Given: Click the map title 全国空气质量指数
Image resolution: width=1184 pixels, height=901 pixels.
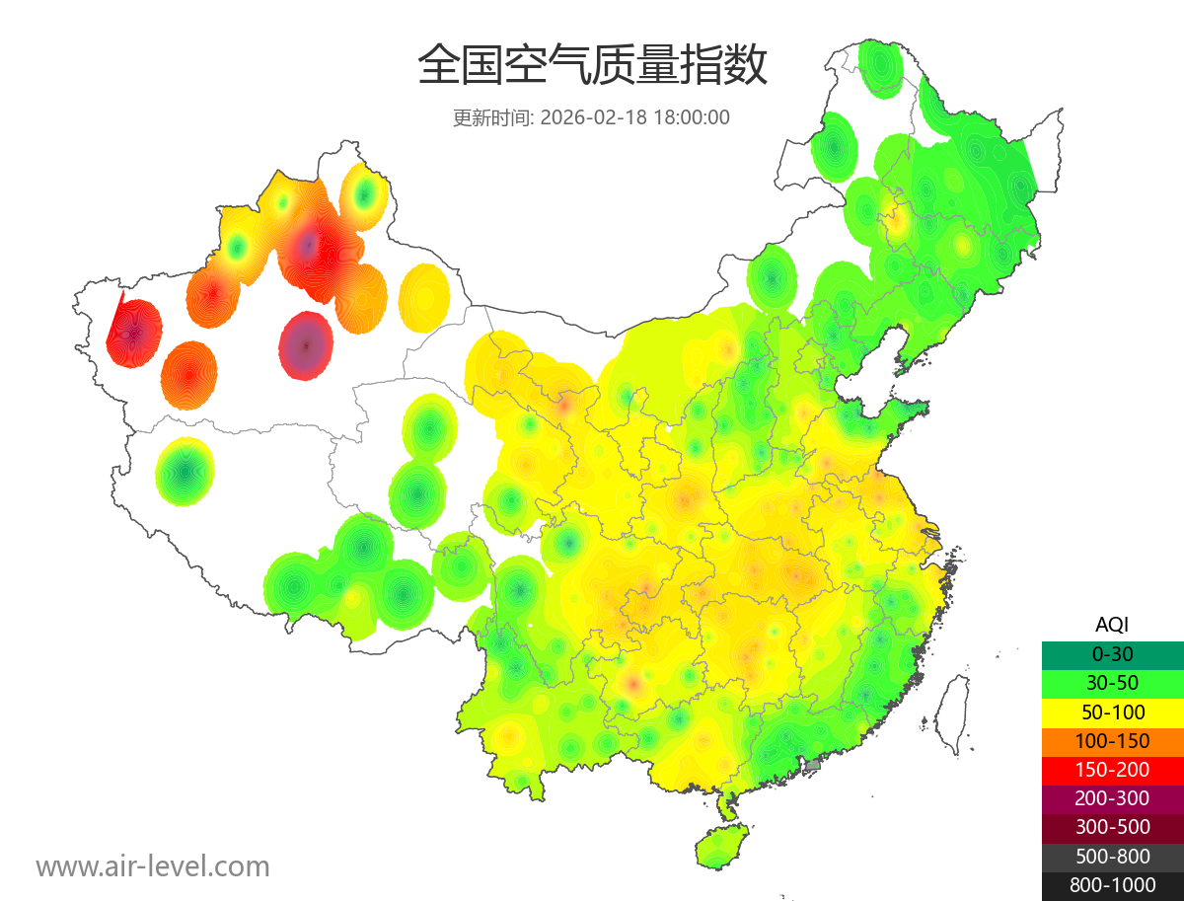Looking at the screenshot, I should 592,65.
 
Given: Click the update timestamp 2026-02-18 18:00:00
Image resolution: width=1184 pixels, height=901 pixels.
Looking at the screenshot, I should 635,117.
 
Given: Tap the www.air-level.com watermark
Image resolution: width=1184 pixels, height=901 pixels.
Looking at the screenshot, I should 153,866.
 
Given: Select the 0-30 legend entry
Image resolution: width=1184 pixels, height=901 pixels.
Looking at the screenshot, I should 1112,654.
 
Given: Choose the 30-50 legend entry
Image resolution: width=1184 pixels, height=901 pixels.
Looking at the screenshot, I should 1112,683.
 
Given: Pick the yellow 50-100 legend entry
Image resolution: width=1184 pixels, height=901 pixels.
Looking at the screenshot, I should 1112,712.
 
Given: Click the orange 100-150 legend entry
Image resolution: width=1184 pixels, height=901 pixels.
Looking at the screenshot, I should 1112,741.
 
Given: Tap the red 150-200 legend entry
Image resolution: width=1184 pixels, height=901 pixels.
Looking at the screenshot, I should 1112,770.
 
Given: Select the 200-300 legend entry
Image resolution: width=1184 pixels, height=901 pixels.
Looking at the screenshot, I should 1112,798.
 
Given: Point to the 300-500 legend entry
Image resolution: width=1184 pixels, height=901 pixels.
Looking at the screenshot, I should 1112,827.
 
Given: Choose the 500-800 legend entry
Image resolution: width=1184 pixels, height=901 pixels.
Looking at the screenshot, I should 1112,857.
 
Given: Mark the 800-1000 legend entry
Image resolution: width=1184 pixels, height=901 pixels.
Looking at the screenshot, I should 1112,885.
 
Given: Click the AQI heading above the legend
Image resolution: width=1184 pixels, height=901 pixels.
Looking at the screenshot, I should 1112,625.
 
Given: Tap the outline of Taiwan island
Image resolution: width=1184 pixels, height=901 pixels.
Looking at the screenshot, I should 949,713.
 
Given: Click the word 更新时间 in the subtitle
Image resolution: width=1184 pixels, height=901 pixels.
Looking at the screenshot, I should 491,117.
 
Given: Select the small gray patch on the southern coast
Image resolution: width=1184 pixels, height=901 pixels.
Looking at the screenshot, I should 812,764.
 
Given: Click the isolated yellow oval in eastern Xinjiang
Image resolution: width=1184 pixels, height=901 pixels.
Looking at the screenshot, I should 425,297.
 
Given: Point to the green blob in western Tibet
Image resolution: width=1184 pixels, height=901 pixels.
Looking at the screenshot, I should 185,472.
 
